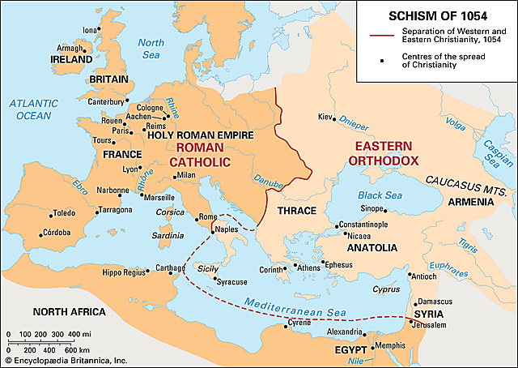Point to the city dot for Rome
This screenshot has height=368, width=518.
click(x=197, y=218)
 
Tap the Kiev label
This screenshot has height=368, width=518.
click(x=325, y=118)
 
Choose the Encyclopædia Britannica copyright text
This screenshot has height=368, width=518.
click(x=65, y=360)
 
